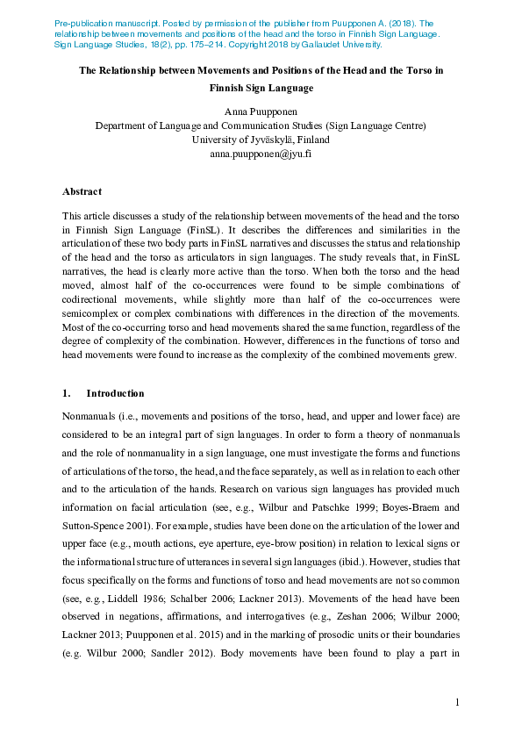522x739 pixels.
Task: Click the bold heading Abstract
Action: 82,191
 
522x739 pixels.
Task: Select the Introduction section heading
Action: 115,393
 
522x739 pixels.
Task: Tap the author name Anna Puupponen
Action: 261,111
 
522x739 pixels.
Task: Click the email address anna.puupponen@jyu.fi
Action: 261,154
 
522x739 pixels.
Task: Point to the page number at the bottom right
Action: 457,702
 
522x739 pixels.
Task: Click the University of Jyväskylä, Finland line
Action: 261,140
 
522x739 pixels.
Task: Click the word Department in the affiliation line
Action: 121,126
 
